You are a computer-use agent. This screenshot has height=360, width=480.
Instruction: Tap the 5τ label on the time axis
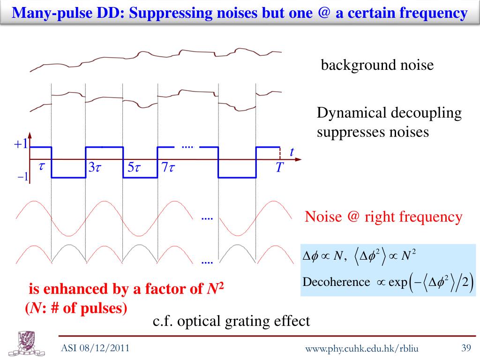click(x=134, y=168)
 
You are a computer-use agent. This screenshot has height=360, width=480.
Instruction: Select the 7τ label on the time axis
click(x=168, y=168)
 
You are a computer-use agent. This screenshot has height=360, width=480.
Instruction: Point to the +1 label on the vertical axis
click(x=21, y=144)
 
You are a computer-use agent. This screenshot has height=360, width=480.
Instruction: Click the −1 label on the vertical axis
click(x=22, y=177)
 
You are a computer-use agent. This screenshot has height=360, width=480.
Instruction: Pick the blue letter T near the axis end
click(x=279, y=168)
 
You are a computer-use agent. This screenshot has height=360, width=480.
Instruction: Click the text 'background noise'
click(x=377, y=65)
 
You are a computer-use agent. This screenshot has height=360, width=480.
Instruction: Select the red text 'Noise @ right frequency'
click(x=383, y=217)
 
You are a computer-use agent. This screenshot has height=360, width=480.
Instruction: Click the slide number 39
click(x=465, y=348)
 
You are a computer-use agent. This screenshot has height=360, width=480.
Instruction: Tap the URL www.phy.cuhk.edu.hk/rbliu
click(x=361, y=348)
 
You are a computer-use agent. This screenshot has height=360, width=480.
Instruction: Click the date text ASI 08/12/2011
click(x=96, y=348)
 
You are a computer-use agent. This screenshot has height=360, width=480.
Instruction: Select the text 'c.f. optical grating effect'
click(x=232, y=321)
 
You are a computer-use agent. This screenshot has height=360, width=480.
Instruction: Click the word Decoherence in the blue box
click(x=330, y=282)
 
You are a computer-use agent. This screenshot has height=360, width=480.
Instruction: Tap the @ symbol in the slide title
click(x=324, y=12)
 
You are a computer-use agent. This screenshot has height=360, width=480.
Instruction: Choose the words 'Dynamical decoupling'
click(x=389, y=113)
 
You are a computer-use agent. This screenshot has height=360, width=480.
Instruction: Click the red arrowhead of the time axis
click(x=298, y=160)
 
